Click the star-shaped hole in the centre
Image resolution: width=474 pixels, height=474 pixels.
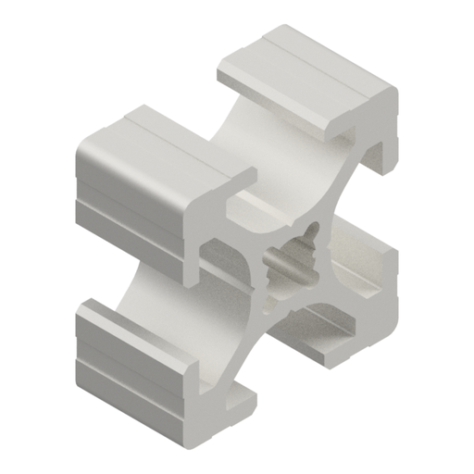point(294,256)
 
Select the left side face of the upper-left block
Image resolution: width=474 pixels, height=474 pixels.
point(120,199)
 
